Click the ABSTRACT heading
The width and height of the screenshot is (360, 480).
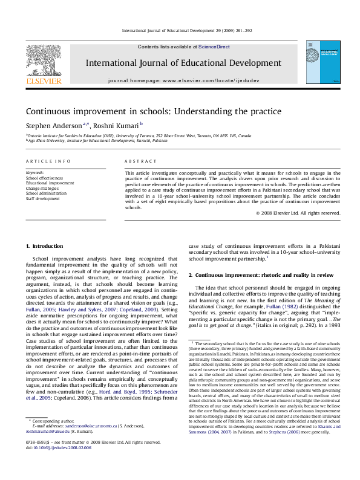(137, 161)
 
